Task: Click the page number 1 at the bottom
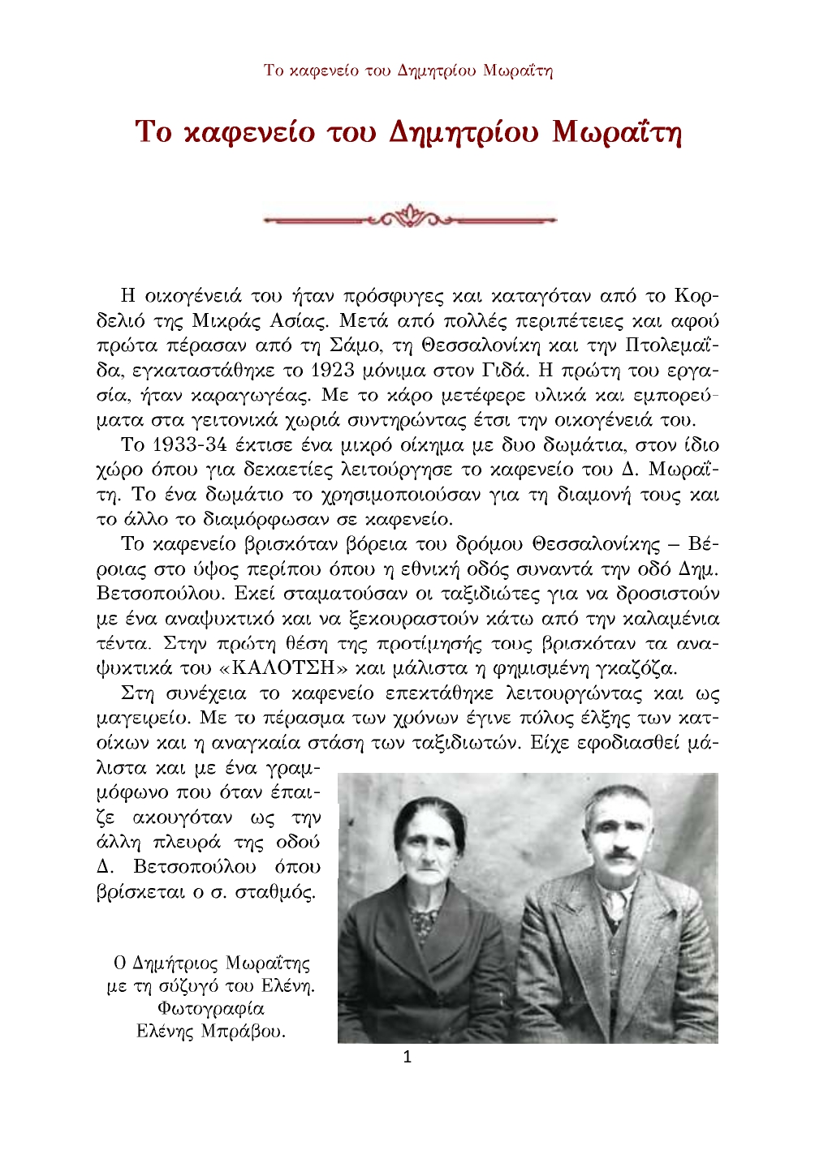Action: tap(407, 1057)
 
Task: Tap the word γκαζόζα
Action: tap(632, 669)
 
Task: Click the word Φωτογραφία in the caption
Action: tap(211, 1009)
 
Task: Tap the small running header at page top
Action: tap(407, 70)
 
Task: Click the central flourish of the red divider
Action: tap(410, 217)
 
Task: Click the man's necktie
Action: tap(615, 906)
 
